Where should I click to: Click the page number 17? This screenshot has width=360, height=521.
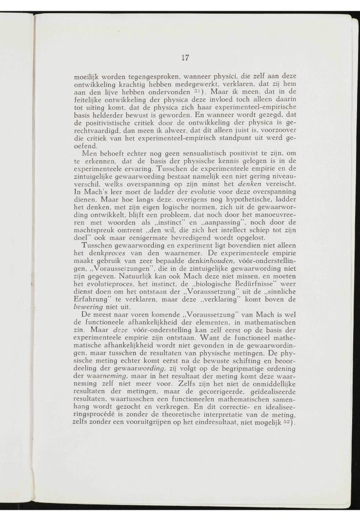tap(185, 58)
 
